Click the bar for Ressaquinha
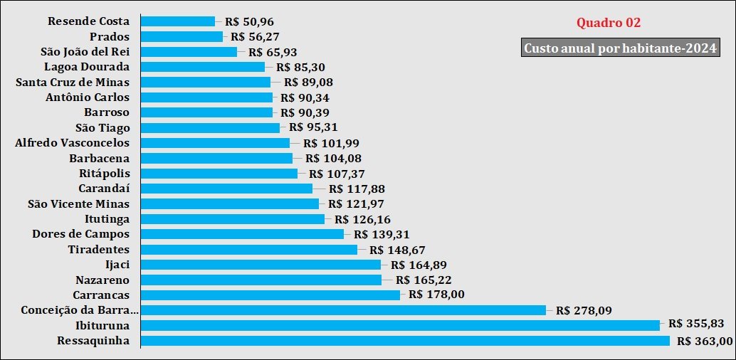coord(405,341)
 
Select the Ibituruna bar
coord(400,325)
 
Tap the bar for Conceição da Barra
coord(343,310)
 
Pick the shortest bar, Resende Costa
coord(178,21)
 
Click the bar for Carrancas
coord(270,295)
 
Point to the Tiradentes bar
coord(249,249)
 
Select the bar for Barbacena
coord(217,158)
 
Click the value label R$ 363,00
coord(705,341)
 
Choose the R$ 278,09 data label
coord(583,310)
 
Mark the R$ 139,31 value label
coord(381,234)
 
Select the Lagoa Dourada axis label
coord(87,67)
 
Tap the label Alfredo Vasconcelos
coord(73,142)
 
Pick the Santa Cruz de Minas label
coord(73,82)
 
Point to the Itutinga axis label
coord(107,218)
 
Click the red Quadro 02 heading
coord(609,23)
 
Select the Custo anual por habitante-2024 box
coord(619,48)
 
